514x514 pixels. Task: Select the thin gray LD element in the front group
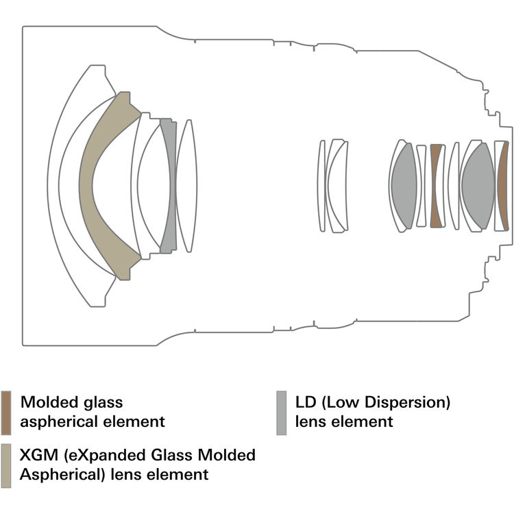(x=167, y=185)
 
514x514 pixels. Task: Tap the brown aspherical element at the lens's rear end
(x=504, y=185)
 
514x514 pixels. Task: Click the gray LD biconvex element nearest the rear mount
(x=477, y=185)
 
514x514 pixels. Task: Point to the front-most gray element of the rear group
(x=403, y=185)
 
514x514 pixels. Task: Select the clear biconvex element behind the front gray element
(x=186, y=185)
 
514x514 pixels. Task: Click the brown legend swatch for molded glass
(x=6, y=413)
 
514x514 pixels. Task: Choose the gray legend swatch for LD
(x=281, y=413)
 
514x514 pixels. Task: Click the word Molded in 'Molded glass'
(x=47, y=402)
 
